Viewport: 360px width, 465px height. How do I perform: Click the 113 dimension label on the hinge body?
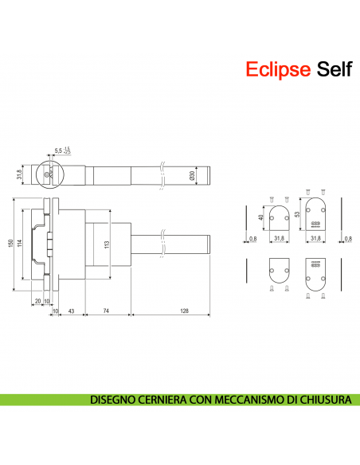107,244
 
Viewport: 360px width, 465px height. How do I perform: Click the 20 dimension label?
37,300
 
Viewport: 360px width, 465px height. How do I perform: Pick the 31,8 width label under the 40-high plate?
279,238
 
